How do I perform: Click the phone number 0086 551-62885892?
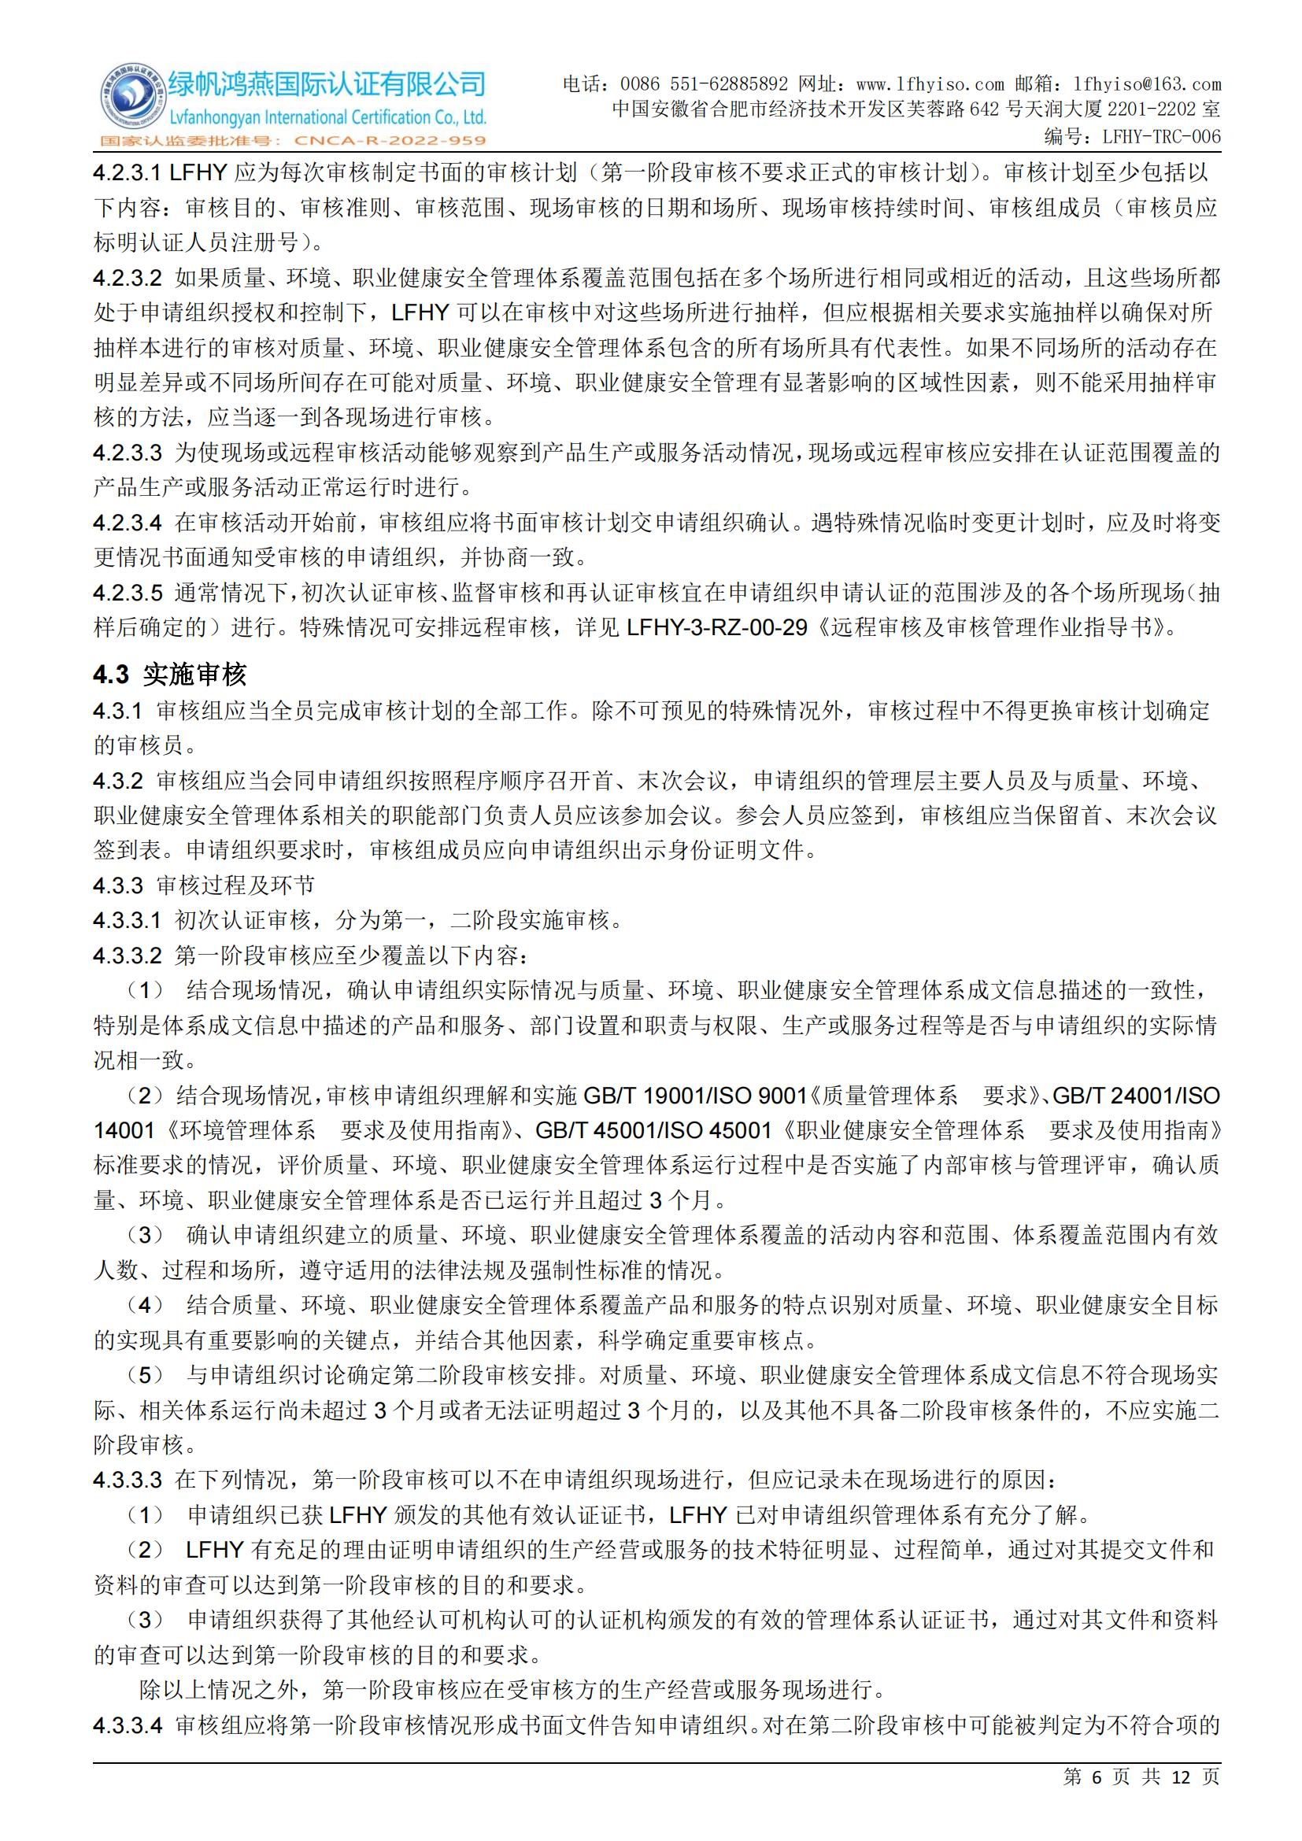[x=704, y=84]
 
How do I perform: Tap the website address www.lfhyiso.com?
[x=930, y=84]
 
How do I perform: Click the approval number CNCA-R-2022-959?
[x=390, y=141]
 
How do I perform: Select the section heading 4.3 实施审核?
[x=170, y=675]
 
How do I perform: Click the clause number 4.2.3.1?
[x=128, y=172]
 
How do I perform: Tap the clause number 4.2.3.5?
[x=128, y=593]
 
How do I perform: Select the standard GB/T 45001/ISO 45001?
[x=653, y=1130]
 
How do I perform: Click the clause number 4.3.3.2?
[x=128, y=955]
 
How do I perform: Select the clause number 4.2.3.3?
[x=128, y=453]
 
